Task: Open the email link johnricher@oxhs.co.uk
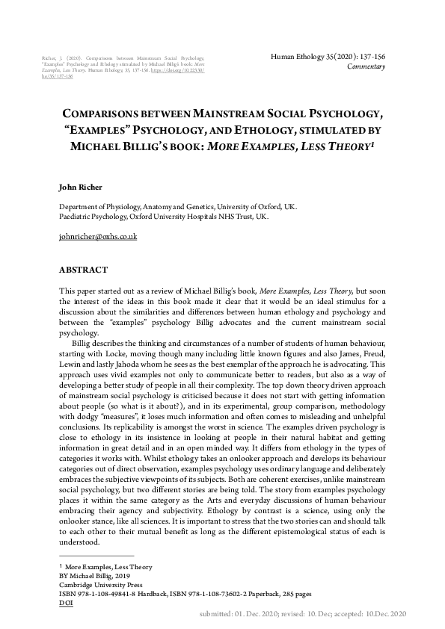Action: pos(97,236)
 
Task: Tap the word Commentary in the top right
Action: pos(366,67)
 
